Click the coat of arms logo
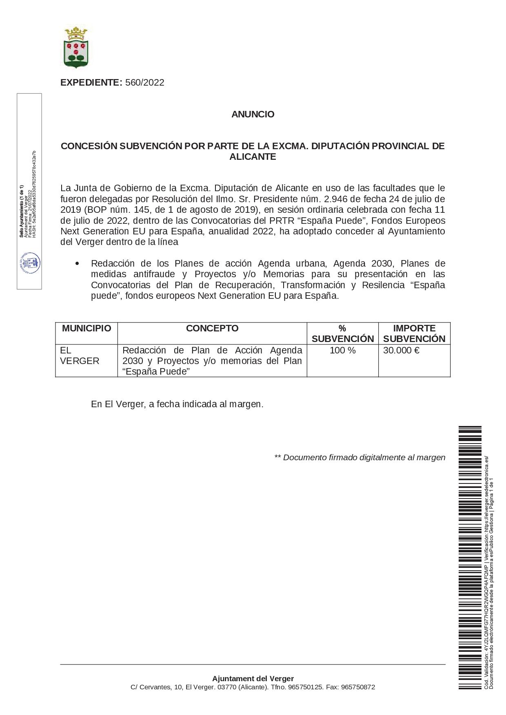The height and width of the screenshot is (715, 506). [x=76, y=47]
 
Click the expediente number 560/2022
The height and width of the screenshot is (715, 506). [x=144, y=83]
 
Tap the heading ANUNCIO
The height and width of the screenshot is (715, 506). [x=253, y=115]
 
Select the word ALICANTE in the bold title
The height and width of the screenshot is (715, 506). [x=253, y=157]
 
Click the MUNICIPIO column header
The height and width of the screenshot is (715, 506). [x=87, y=329]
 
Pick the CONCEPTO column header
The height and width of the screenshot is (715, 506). [x=212, y=329]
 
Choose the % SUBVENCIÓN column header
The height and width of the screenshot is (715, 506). [x=343, y=333]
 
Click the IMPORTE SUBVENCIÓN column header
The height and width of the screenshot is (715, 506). [x=414, y=333]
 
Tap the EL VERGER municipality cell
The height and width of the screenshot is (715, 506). [x=80, y=355]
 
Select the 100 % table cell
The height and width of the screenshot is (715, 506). [x=343, y=351]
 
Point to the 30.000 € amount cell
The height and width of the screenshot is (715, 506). [x=401, y=351]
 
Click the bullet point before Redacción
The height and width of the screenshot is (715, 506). [x=77, y=264]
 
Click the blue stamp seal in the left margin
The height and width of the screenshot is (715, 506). [x=30, y=263]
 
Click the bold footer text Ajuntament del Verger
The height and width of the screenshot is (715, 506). [x=253, y=679]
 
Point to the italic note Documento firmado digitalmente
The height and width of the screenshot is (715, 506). [x=360, y=458]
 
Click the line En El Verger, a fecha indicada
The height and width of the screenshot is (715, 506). [x=177, y=404]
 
